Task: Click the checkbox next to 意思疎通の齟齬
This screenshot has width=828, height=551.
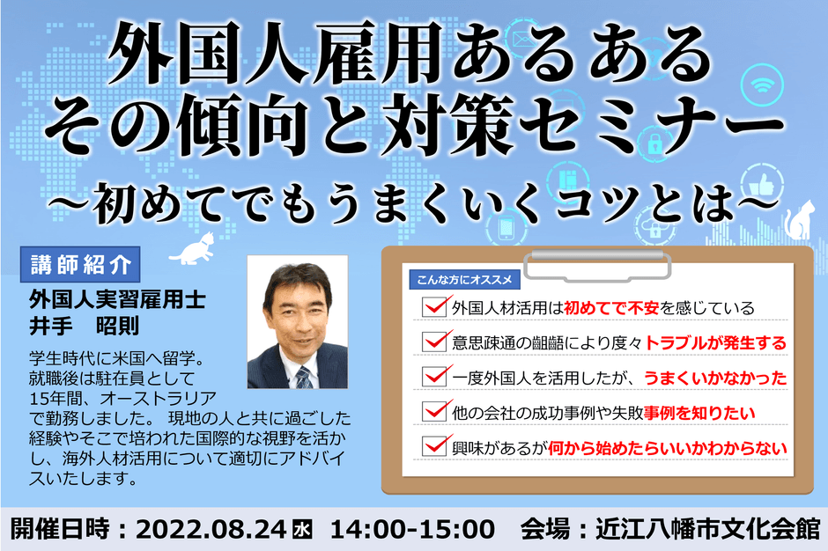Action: point(435,341)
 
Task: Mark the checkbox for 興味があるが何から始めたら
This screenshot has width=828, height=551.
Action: point(435,445)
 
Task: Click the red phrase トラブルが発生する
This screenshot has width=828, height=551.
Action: point(716,342)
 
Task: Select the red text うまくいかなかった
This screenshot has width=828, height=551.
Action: point(714,377)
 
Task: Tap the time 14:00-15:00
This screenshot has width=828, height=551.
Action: point(412,530)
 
